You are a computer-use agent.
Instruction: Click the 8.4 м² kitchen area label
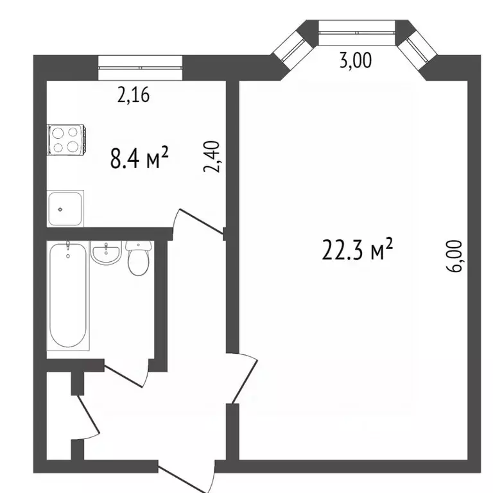pos(139,157)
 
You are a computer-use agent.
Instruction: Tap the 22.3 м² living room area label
pos(358,249)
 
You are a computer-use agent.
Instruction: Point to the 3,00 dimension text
pos(356,60)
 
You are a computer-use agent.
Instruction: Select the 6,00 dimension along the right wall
pos(454,256)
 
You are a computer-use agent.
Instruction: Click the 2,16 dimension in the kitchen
pos(134,95)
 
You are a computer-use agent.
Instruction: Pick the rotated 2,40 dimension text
pos(211,156)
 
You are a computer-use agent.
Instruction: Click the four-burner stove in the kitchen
pos(67,139)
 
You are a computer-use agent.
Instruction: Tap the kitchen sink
pos(65,208)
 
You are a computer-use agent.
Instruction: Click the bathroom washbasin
pos(107,252)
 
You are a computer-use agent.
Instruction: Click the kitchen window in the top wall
pos(140,67)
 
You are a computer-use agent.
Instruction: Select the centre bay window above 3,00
pos(357,33)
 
